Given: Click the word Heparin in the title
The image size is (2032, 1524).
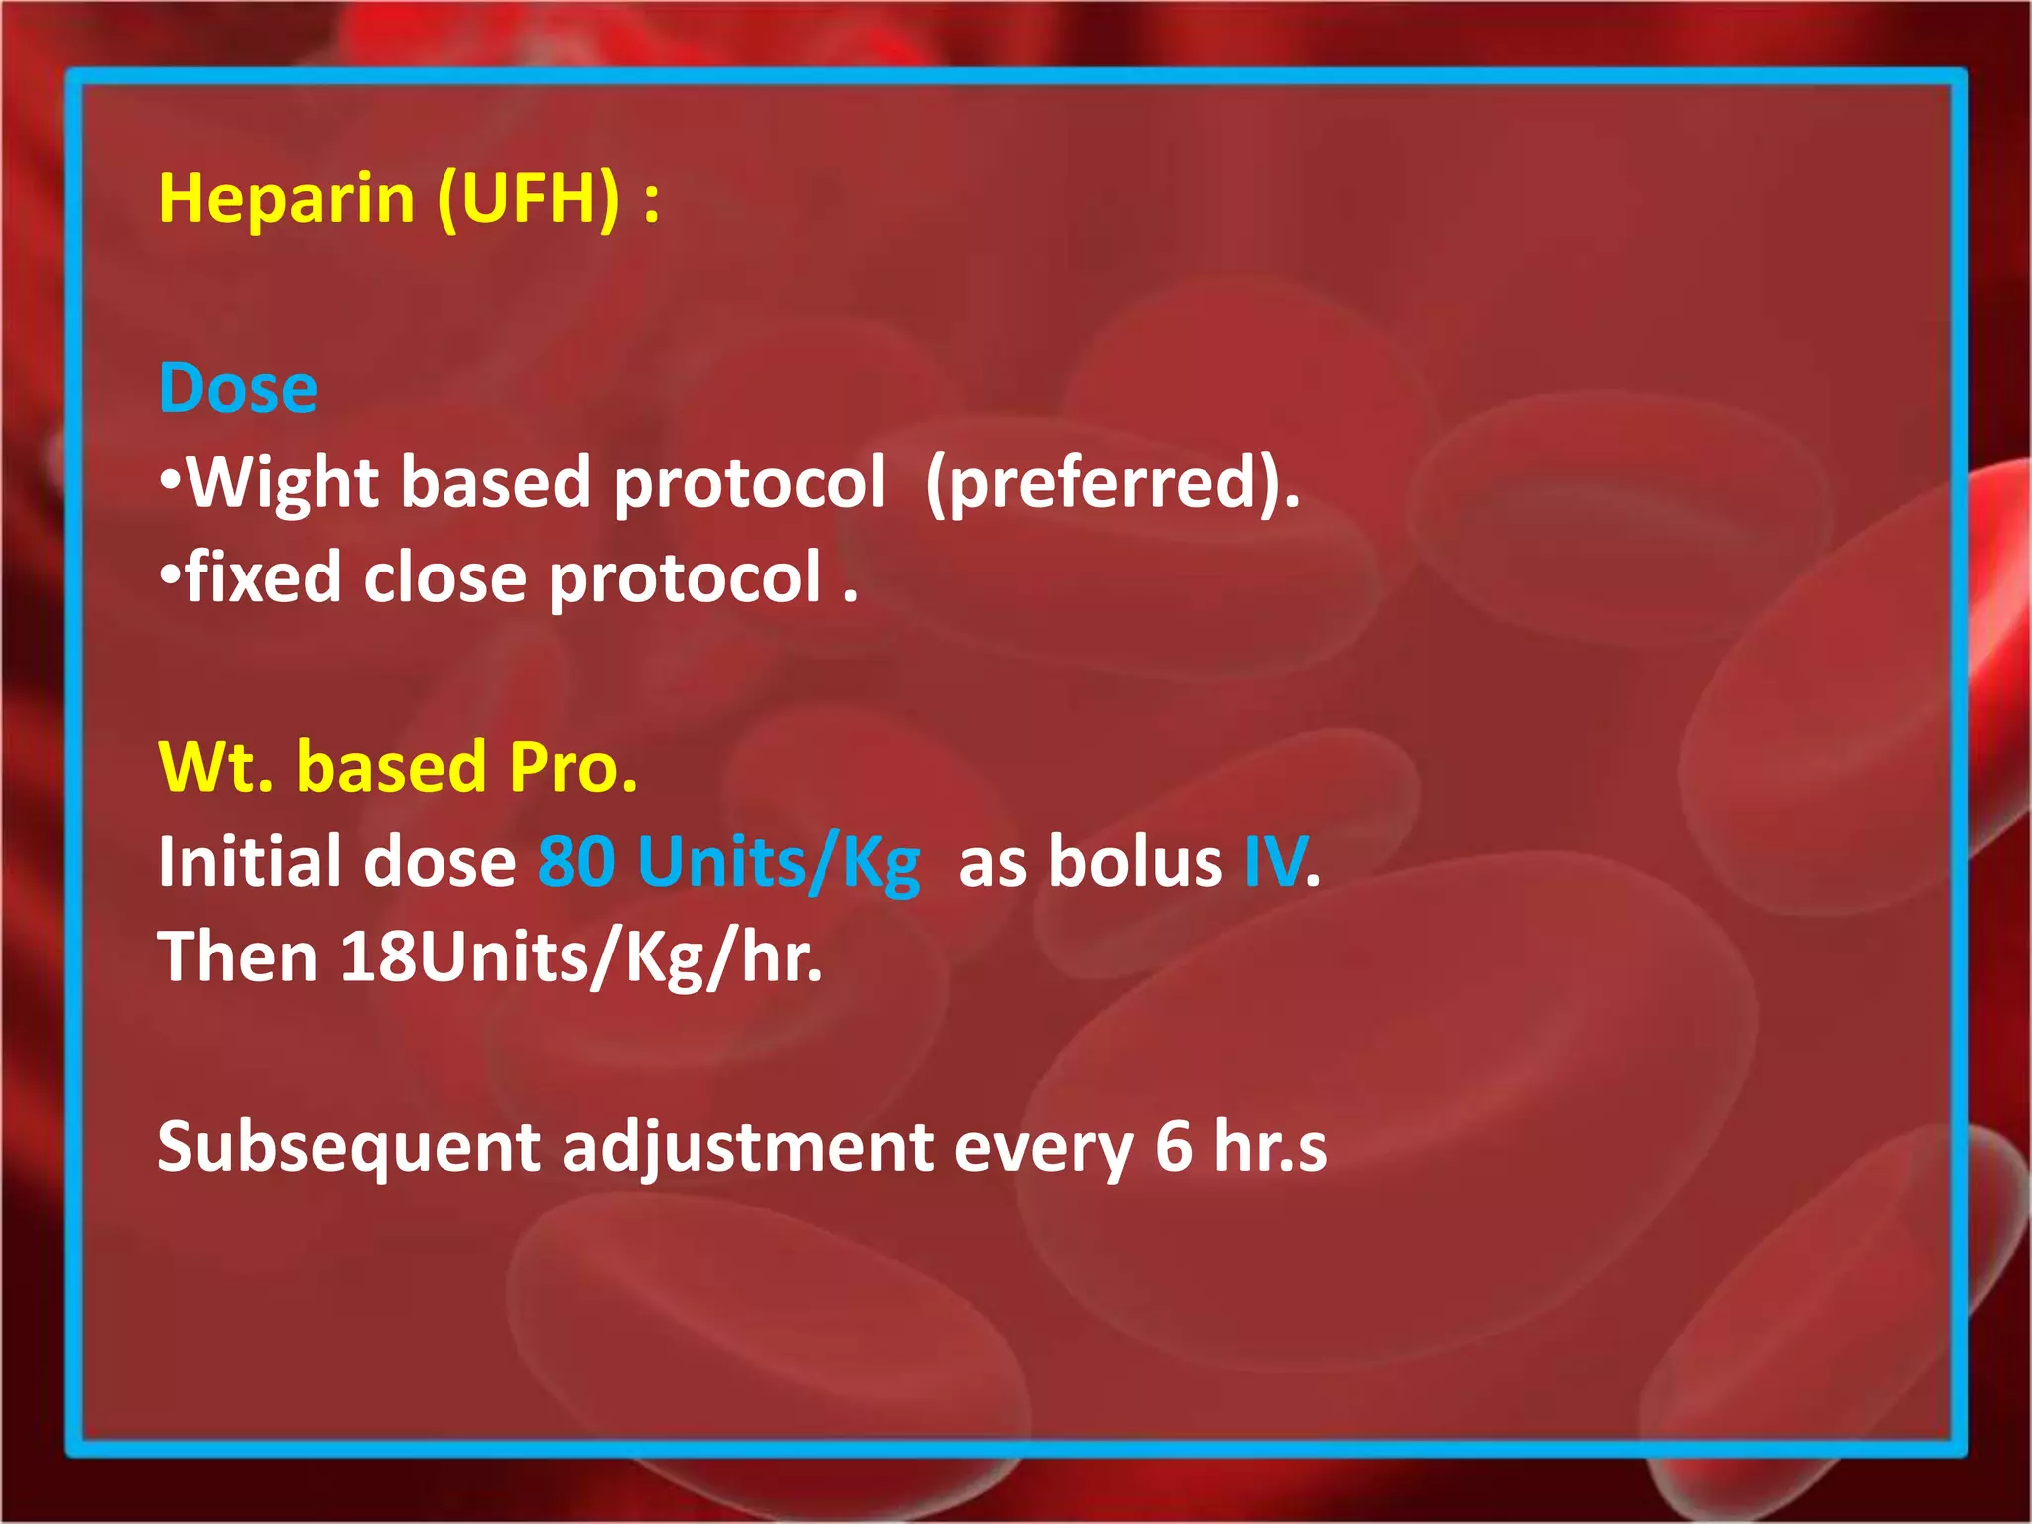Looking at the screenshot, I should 286,199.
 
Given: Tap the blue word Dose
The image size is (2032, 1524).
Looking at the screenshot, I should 238,388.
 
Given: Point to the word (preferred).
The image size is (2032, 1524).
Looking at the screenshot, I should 1111,484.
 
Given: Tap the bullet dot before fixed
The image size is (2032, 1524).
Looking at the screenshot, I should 171,572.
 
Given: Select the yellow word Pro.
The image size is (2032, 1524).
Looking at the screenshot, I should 572,768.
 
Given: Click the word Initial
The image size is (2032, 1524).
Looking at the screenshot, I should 254,861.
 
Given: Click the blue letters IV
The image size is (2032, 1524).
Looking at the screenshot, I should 1274,861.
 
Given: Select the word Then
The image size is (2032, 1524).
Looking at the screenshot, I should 237,956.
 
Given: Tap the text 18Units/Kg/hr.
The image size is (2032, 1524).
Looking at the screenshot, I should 580,958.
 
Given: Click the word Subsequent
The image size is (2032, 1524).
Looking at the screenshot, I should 348,1148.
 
